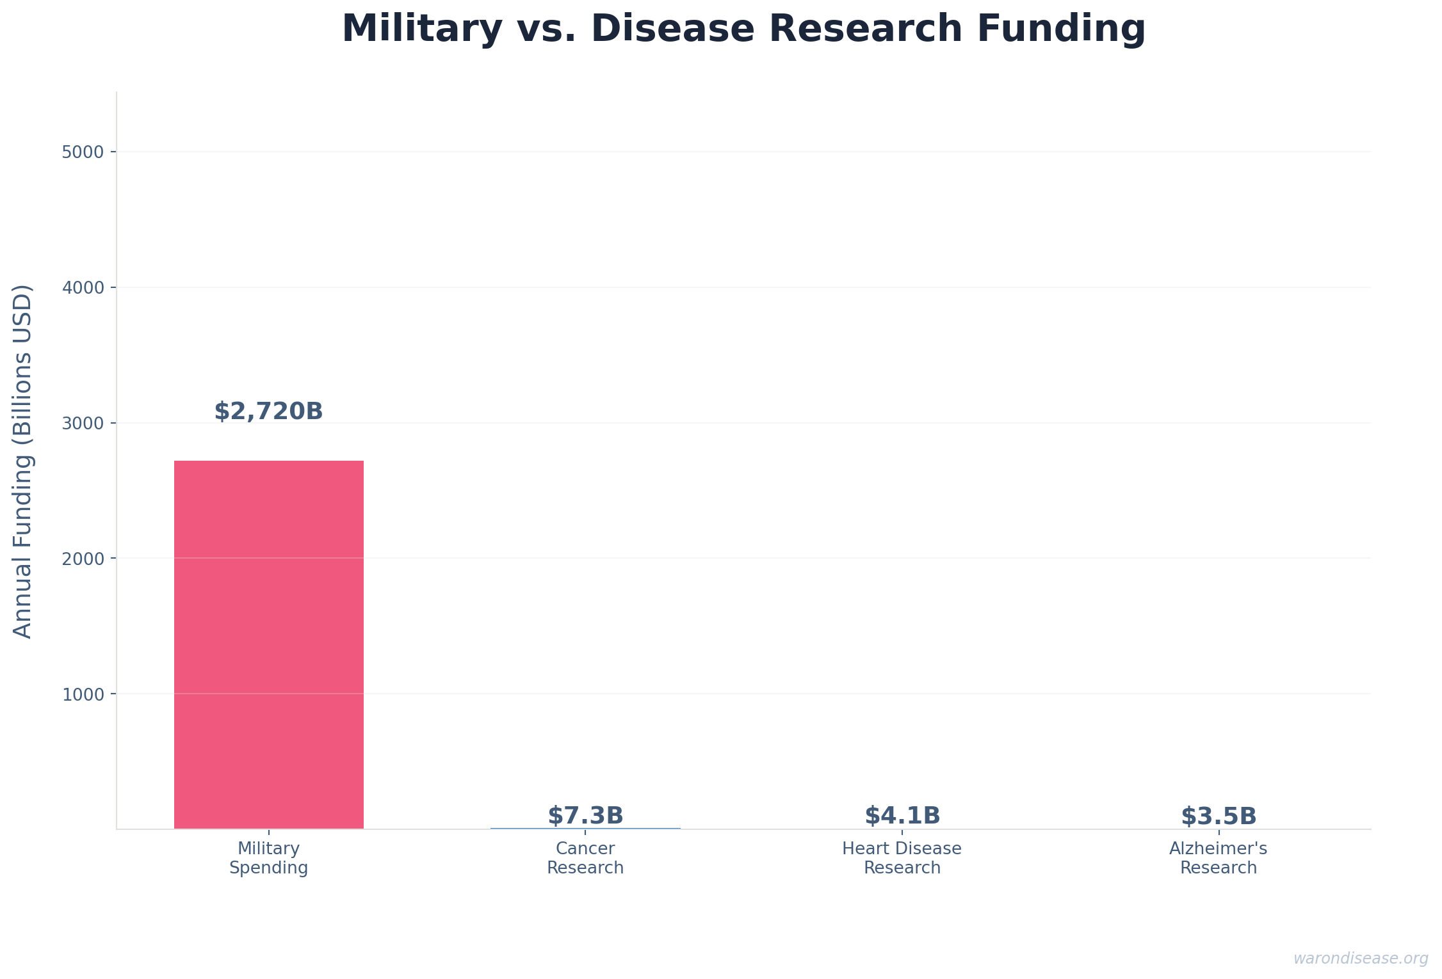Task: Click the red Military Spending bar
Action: coord(268,644)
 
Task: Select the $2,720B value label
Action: coord(268,411)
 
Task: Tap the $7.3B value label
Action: coord(585,816)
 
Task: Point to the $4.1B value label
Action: coord(902,816)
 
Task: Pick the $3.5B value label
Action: coord(1219,816)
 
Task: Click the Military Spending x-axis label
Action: coord(268,858)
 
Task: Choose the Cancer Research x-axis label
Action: coord(585,858)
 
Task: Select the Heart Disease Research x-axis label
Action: coord(902,858)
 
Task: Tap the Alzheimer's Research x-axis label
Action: coord(1218,858)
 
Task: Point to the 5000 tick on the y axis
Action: coord(83,152)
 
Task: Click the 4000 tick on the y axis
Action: coord(83,288)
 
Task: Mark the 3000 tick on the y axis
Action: coord(83,424)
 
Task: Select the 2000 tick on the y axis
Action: coord(83,559)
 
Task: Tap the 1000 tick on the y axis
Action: coord(83,694)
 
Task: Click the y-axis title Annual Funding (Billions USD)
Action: coord(23,461)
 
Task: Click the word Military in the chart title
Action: coord(422,29)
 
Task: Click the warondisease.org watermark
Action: coord(1360,959)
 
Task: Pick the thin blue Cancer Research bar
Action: coord(585,828)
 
